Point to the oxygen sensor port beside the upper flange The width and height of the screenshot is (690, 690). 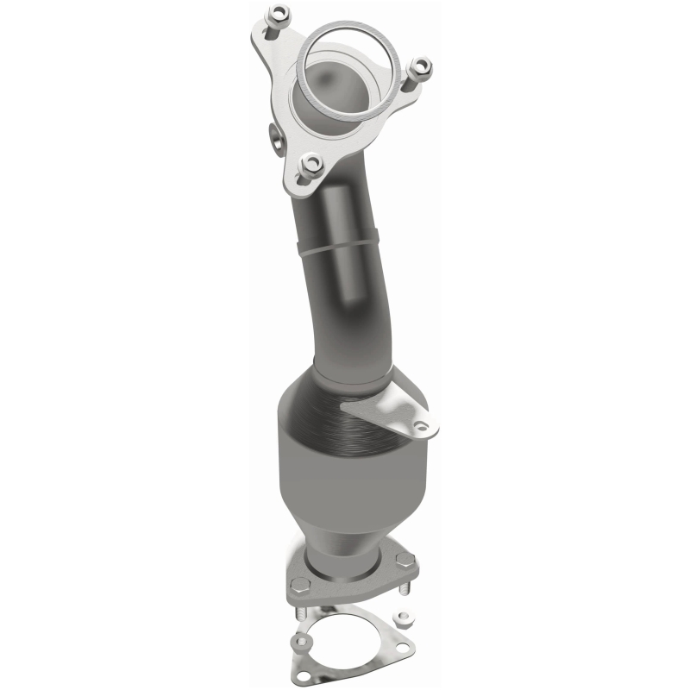(275, 135)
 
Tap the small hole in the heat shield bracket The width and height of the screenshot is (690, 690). (420, 425)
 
